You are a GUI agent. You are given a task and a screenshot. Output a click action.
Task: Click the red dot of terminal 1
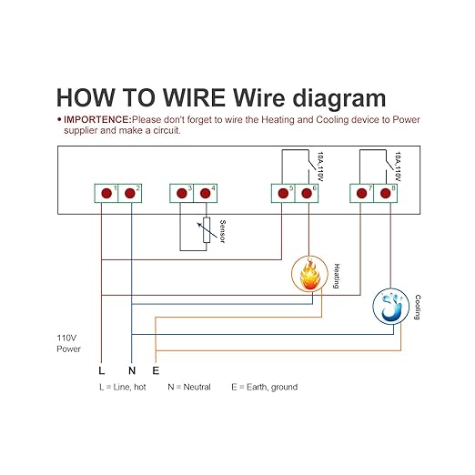[x=106, y=193]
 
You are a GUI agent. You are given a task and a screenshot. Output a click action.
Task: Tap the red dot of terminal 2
[x=130, y=193]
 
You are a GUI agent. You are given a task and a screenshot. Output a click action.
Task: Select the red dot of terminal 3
[x=182, y=193]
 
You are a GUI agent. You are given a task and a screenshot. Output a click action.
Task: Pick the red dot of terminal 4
[x=206, y=193]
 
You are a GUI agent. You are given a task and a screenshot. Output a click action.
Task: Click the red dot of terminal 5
[x=283, y=193]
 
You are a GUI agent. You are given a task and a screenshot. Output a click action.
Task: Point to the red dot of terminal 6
[x=307, y=193]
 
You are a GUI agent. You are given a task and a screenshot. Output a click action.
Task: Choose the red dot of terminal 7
[x=361, y=193]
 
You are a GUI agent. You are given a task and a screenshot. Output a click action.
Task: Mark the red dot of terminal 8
[x=385, y=193]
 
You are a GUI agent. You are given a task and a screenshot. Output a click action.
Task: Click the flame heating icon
[x=309, y=274]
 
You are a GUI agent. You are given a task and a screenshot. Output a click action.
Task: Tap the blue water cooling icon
[x=391, y=307]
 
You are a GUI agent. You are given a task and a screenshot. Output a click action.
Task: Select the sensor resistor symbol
[x=207, y=230]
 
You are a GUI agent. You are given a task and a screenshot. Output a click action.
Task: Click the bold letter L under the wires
[x=102, y=370]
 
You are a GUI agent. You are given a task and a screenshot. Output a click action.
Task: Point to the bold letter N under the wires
[x=132, y=370]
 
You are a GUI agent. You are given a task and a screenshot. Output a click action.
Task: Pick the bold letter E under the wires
[x=156, y=370]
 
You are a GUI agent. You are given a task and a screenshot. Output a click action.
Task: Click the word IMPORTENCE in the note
[x=97, y=119]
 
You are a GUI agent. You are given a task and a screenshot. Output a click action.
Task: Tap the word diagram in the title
[x=339, y=99]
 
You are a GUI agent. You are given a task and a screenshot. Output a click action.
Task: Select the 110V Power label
[x=68, y=343]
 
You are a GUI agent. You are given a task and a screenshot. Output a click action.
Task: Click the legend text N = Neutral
[x=189, y=387]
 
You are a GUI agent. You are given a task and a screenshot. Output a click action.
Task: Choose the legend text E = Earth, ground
[x=265, y=388]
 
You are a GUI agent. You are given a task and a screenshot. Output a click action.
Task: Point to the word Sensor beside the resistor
[x=222, y=231]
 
